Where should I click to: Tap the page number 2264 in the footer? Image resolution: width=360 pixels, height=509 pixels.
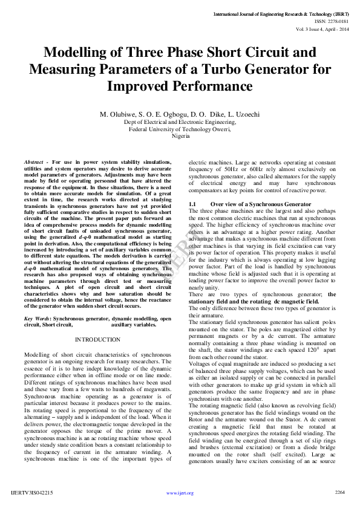(339, 492)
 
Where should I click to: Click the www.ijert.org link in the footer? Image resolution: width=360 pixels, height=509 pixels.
(180, 493)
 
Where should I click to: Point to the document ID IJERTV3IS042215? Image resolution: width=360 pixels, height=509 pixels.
(31, 493)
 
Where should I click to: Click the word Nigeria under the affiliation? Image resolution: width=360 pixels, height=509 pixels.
(180, 136)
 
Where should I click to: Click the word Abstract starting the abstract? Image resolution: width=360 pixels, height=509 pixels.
(36, 163)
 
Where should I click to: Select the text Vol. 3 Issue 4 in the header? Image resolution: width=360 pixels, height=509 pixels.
(310, 29)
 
